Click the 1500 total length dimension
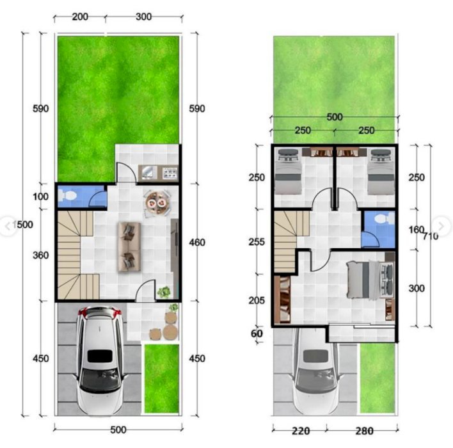click(23, 225)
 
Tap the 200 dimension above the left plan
click(80, 17)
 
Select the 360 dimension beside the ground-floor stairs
click(41, 255)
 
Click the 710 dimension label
click(431, 236)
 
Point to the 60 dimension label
click(257, 333)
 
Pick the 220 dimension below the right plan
click(301, 431)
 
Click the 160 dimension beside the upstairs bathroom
click(417, 230)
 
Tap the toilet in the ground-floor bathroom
click(67, 196)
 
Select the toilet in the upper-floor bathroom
click(385, 218)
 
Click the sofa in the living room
click(129, 247)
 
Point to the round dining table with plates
click(157, 203)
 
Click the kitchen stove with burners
click(170, 173)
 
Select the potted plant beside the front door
click(164, 292)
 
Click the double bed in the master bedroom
click(370, 280)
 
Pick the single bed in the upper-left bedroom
click(288, 172)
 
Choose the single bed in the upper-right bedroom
click(381, 172)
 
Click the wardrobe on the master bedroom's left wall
click(282, 300)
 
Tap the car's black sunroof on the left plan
click(100, 356)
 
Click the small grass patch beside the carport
click(161, 379)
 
